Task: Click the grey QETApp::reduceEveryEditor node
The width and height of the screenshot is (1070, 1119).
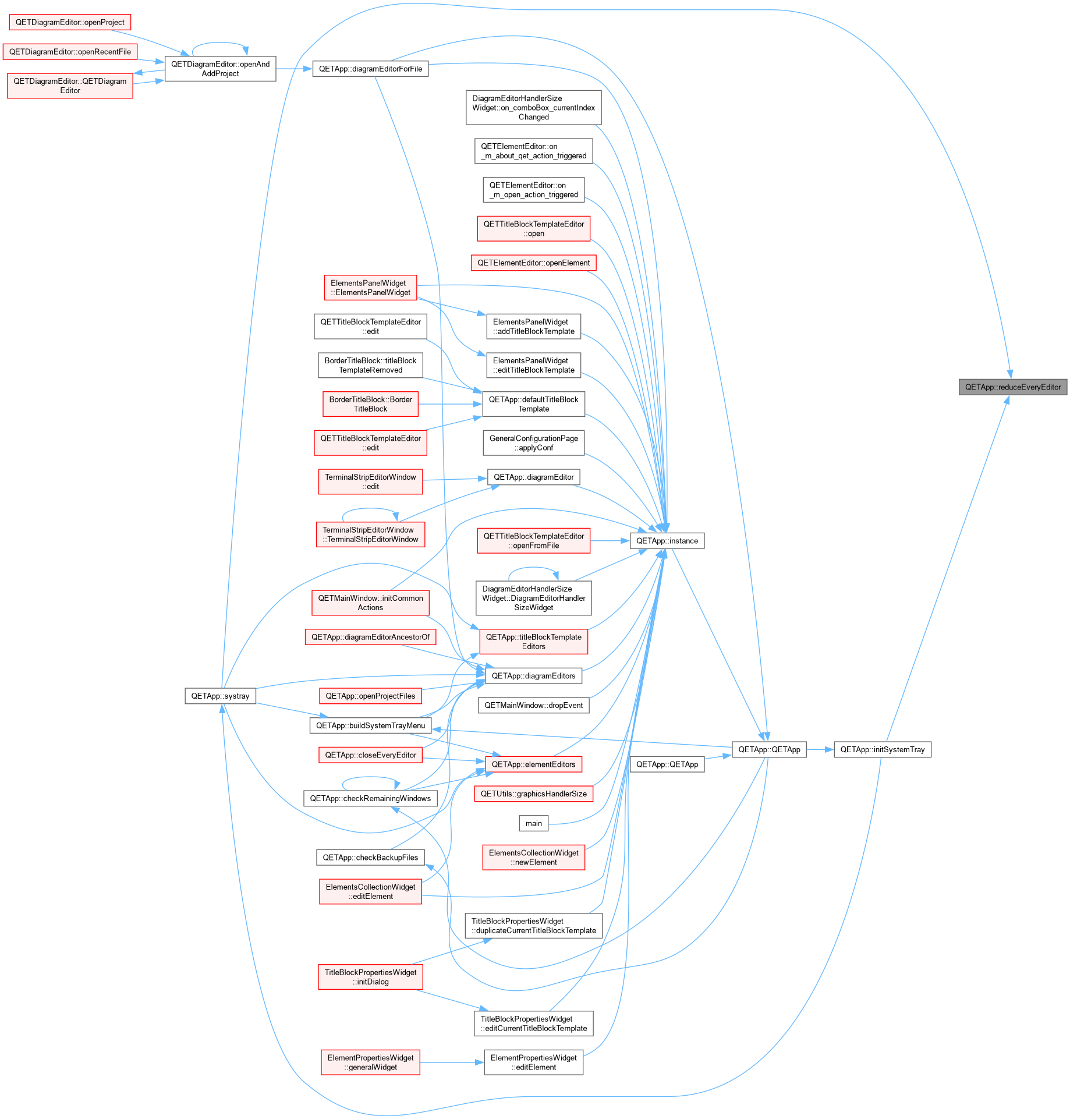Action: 1013,387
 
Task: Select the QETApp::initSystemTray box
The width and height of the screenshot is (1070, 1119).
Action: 883,749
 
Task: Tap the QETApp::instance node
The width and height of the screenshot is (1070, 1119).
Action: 667,541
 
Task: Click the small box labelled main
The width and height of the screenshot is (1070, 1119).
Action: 534,823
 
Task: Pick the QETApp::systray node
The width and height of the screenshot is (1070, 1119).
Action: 221,696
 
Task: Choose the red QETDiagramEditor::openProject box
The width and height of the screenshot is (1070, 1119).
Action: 70,22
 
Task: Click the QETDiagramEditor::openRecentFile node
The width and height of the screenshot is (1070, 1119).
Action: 70,52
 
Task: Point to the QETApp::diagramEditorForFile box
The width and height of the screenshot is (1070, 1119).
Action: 371,69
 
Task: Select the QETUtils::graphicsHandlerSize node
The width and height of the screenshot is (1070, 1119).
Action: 534,794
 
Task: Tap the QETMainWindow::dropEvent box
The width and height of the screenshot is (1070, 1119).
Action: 534,705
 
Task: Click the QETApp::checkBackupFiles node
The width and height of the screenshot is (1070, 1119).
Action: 371,858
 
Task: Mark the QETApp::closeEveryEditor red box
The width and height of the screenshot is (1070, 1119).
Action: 371,755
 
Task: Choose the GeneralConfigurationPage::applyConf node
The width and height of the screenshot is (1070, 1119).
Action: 534,443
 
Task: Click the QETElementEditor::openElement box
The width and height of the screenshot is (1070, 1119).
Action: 534,263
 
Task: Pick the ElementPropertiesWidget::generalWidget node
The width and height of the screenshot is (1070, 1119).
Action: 371,1063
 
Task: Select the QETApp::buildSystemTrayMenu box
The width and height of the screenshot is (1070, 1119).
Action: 371,725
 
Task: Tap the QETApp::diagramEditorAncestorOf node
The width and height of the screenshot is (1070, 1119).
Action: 371,637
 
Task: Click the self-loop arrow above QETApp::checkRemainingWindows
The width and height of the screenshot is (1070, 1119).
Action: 371,778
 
